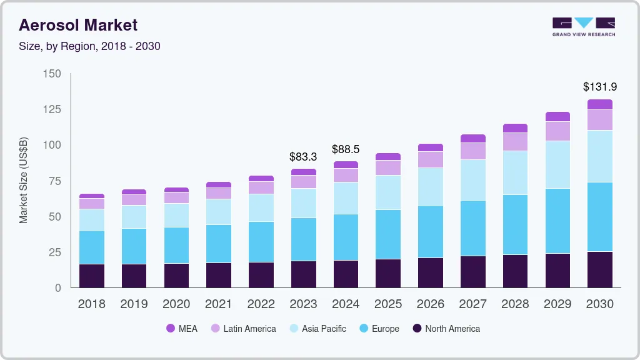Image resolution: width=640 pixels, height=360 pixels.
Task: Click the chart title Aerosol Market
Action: [78, 25]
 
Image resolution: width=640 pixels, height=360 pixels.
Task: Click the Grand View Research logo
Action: [583, 26]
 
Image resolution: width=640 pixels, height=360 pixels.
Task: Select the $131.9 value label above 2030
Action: [600, 87]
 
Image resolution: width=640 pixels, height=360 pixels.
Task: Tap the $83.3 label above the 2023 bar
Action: [303, 156]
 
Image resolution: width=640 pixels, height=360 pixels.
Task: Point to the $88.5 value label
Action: [346, 149]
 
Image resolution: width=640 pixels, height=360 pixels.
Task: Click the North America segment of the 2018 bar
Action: [91, 276]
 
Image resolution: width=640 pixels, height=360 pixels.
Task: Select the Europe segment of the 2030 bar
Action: [600, 217]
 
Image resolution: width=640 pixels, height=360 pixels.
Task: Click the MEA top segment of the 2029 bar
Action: [557, 117]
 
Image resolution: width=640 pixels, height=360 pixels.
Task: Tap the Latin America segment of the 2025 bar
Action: [388, 167]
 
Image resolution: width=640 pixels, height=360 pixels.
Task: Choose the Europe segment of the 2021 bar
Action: [219, 244]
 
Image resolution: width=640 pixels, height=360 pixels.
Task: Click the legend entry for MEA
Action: [181, 329]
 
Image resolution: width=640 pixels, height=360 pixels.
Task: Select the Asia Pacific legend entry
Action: [317, 329]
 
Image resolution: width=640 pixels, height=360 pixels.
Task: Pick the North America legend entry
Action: [446, 329]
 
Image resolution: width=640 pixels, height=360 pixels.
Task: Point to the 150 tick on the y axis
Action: [52, 74]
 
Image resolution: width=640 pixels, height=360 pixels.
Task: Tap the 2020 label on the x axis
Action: [176, 304]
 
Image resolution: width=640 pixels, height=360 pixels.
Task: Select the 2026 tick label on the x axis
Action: [430, 304]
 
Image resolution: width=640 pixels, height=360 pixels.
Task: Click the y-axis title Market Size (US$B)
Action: [23, 180]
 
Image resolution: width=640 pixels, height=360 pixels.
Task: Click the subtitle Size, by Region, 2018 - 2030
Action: [89, 46]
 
